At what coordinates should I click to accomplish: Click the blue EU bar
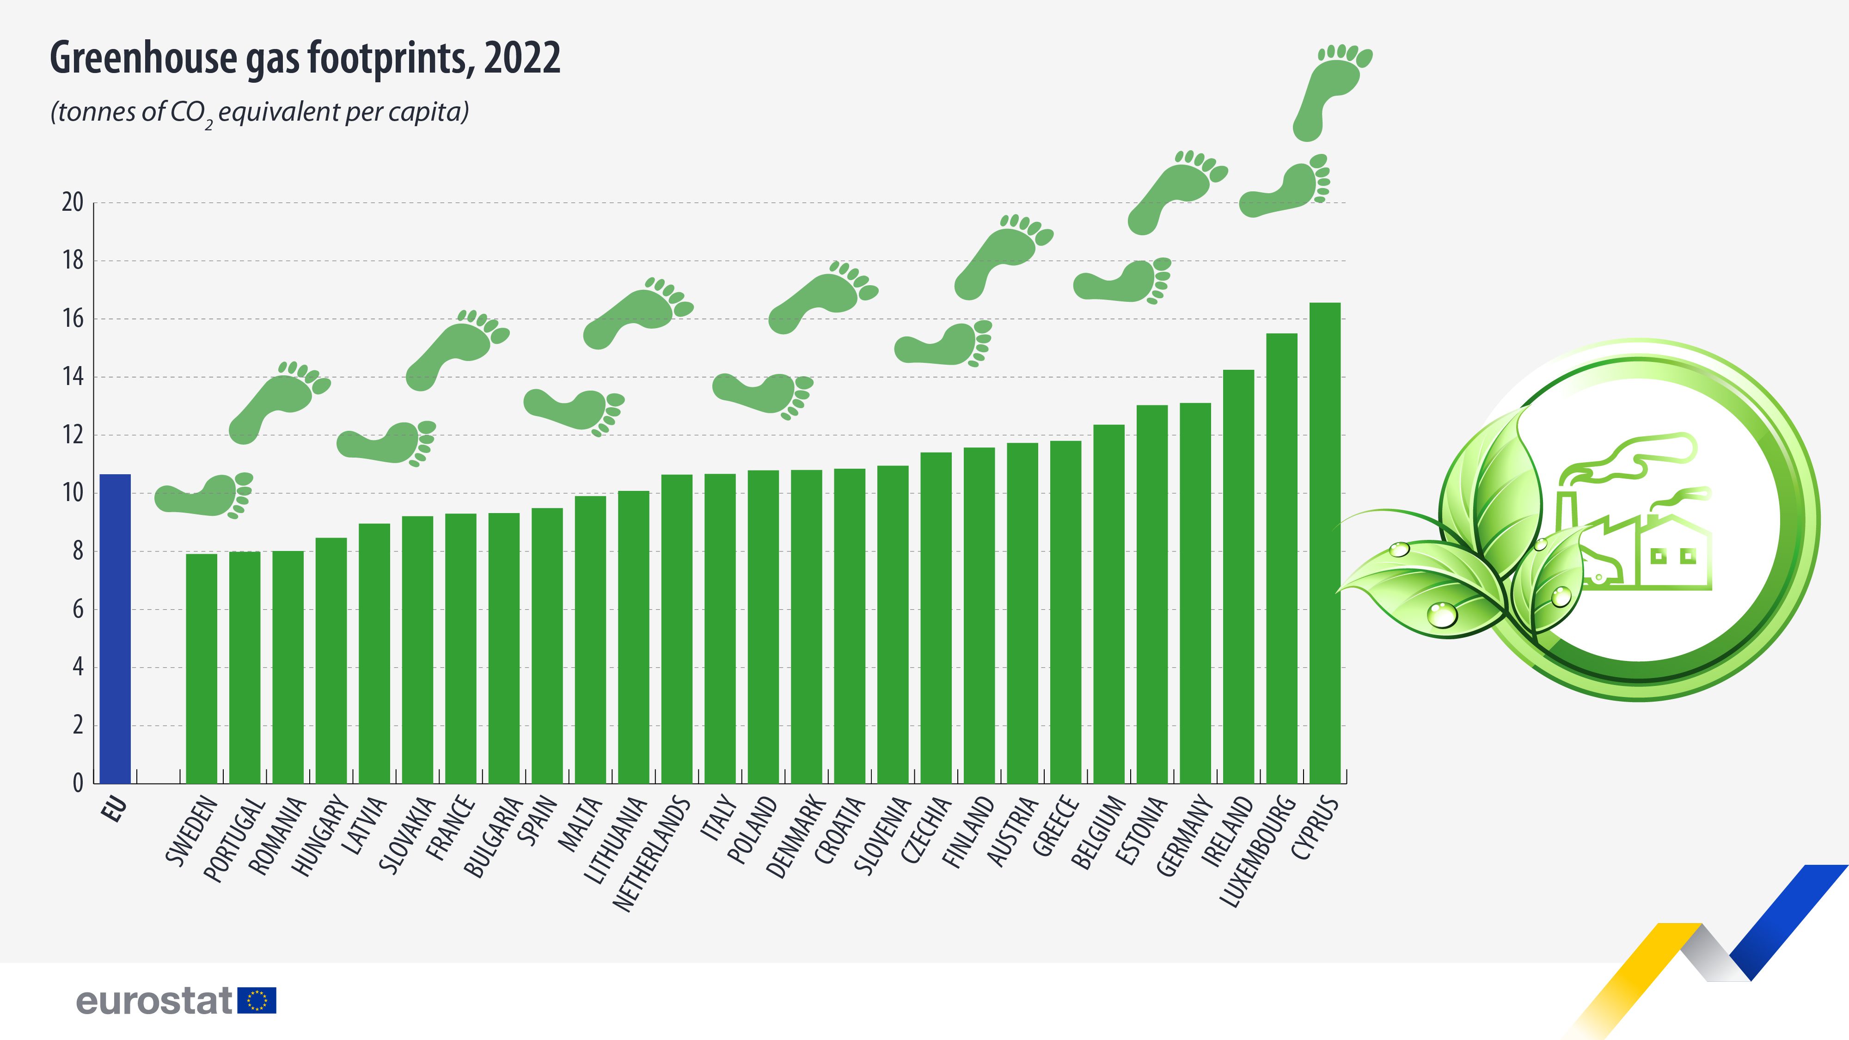pyautogui.click(x=115, y=628)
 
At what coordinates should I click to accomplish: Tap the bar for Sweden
pyautogui.click(x=201, y=667)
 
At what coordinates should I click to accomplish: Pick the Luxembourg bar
pyautogui.click(x=1281, y=558)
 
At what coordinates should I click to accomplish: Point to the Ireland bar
pyautogui.click(x=1238, y=575)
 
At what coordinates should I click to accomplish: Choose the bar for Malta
pyautogui.click(x=590, y=639)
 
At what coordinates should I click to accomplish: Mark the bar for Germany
pyautogui.click(x=1195, y=592)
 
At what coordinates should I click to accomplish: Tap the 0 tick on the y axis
pyautogui.click(x=78, y=783)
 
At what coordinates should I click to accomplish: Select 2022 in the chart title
pyautogui.click(x=522, y=58)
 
